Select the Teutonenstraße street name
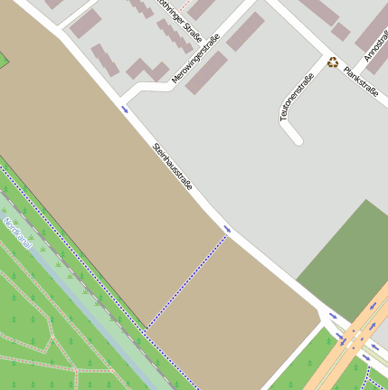pos(296,97)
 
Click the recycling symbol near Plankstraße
pos(333,62)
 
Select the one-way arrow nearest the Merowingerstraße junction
pos(125,109)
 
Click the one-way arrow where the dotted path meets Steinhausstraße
pos(227,229)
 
